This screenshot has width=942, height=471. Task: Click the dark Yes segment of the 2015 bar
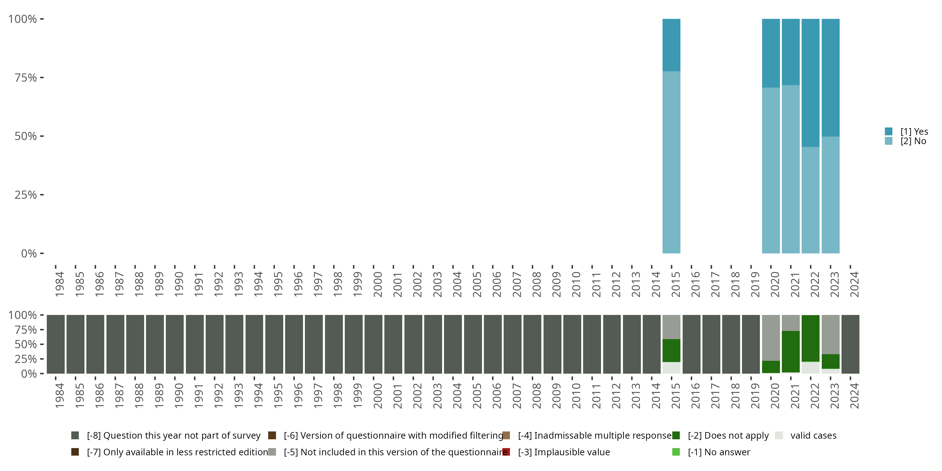click(671, 45)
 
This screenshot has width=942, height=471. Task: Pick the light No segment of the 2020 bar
click(771, 171)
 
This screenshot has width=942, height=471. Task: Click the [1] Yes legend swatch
click(889, 131)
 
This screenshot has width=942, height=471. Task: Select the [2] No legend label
click(913, 141)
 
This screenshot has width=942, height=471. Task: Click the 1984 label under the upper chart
click(60, 284)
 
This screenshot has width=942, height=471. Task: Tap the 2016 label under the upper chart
click(695, 284)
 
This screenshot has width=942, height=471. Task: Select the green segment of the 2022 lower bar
click(810, 338)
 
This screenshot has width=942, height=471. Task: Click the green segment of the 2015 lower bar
click(671, 350)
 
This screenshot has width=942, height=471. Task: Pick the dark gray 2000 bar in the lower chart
click(373, 344)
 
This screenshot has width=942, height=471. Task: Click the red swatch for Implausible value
click(506, 452)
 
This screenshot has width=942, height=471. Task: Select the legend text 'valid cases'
click(813, 436)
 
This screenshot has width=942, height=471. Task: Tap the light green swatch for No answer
click(676, 452)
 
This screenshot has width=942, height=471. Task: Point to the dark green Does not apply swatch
click(676, 436)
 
